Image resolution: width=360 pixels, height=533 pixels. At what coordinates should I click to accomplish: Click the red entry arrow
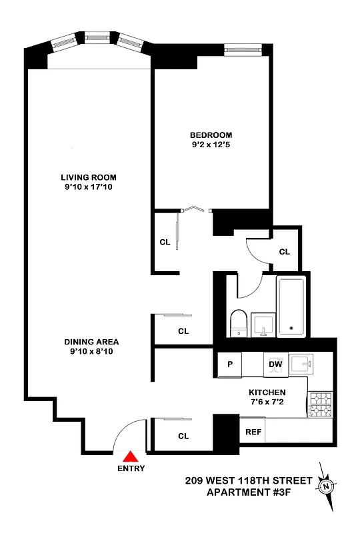click(x=132, y=456)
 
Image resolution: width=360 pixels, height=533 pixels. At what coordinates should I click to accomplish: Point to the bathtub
click(x=291, y=306)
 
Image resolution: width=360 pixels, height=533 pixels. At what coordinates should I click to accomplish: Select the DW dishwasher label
click(x=275, y=364)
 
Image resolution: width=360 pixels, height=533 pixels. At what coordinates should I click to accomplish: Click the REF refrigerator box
click(x=253, y=432)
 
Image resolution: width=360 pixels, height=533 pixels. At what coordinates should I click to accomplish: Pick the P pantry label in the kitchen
click(x=230, y=364)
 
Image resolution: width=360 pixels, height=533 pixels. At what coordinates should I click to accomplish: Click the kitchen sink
click(x=308, y=364)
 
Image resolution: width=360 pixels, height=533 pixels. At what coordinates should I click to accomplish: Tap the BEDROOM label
click(x=211, y=135)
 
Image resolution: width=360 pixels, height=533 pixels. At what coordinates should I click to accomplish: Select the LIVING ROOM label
click(x=89, y=177)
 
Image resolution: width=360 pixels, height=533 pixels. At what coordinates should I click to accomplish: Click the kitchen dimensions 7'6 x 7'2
click(x=268, y=403)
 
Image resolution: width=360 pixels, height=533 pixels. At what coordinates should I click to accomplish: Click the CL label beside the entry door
click(x=183, y=436)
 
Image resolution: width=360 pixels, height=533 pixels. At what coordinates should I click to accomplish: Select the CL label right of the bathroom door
click(x=285, y=252)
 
